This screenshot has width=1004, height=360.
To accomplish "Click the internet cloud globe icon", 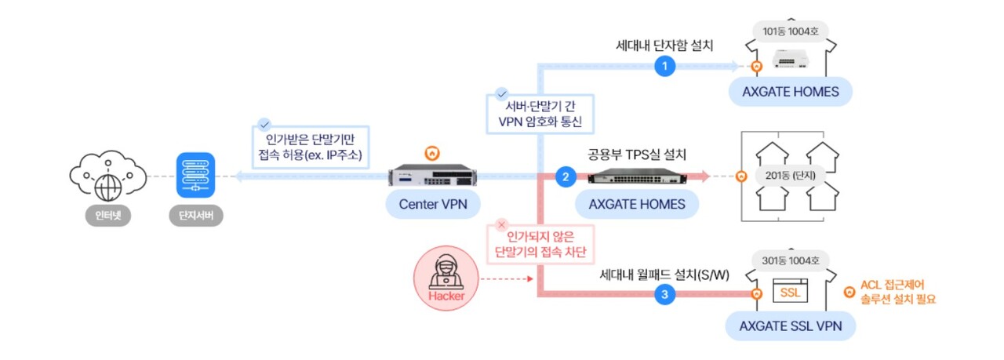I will [x=107, y=178].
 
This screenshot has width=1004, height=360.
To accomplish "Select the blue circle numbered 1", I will [x=665, y=67].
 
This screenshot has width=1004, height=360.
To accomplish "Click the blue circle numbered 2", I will [x=566, y=177].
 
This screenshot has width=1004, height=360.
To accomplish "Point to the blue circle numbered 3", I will [x=665, y=295].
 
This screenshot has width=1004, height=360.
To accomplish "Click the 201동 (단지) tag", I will [x=790, y=175].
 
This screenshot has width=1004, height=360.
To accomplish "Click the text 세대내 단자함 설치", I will [x=665, y=45].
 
